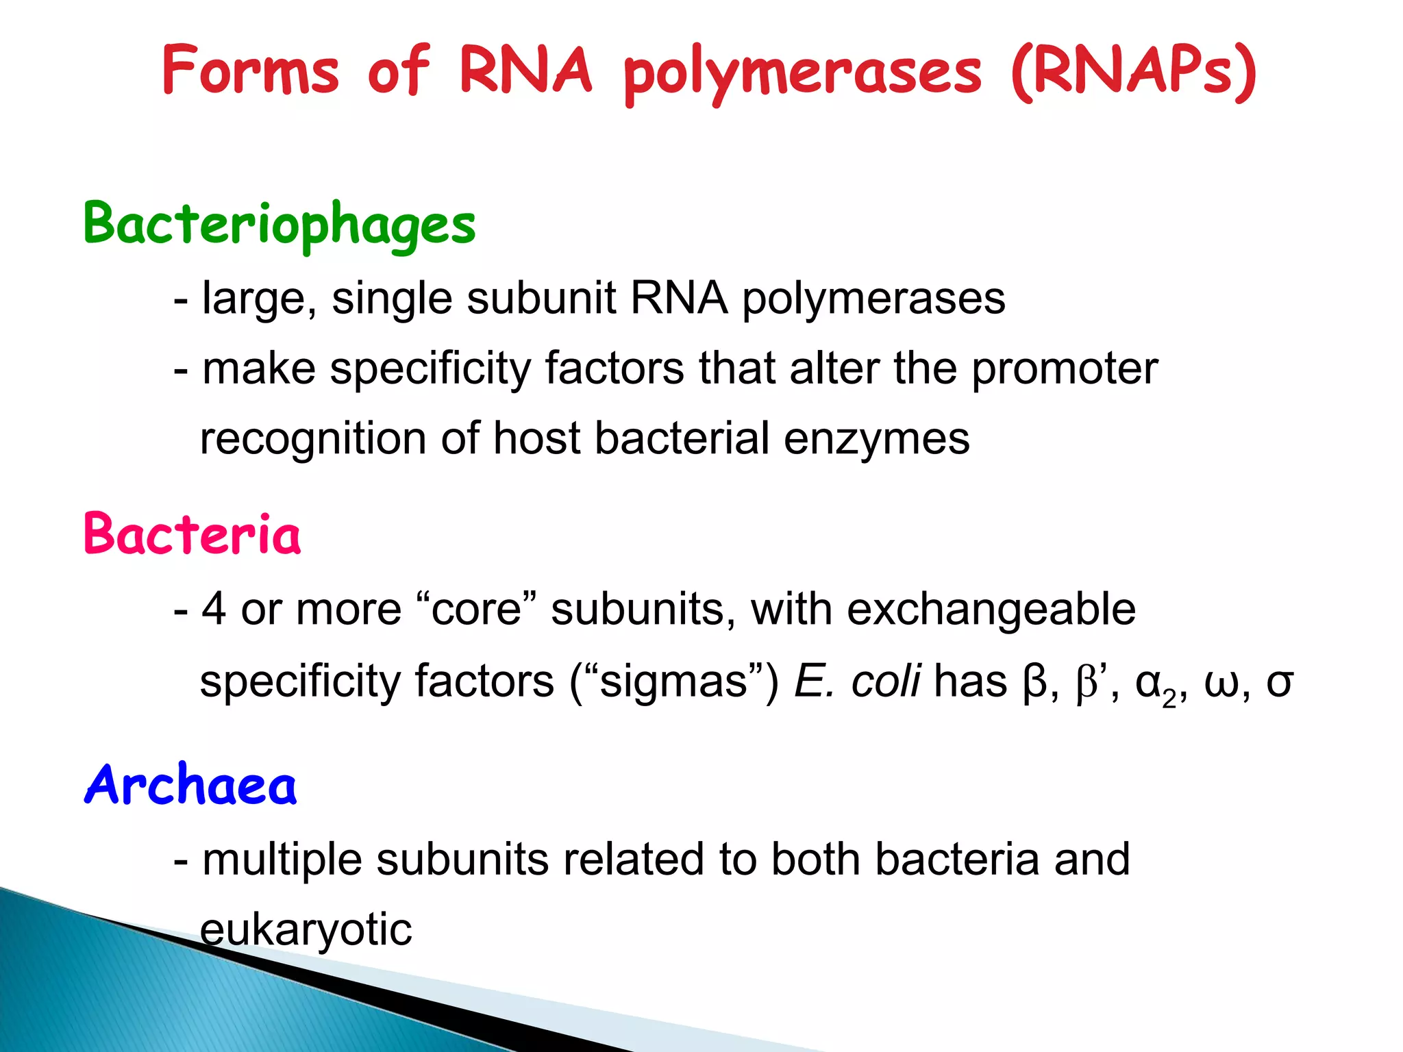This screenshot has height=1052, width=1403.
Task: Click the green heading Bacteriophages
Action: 279,225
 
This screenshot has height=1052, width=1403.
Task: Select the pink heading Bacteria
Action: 192,534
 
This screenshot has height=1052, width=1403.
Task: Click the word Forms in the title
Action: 251,71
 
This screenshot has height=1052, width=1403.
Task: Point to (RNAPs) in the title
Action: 1134,73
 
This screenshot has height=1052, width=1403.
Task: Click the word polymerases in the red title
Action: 802,73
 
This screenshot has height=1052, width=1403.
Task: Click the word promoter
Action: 1065,369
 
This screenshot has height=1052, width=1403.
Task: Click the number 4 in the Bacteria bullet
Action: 214,609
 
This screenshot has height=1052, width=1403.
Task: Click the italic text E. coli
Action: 857,681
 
